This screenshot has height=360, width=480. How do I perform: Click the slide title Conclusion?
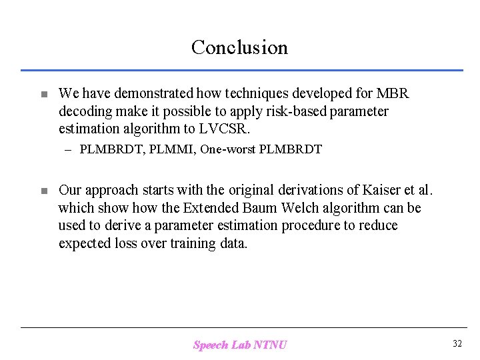[239, 47]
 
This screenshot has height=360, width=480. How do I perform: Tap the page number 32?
[457, 343]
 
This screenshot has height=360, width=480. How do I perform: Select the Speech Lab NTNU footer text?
[240, 345]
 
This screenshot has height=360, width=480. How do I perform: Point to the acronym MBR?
[393, 93]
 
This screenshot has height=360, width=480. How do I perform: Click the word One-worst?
[225, 149]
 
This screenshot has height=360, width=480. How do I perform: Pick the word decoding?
[85, 111]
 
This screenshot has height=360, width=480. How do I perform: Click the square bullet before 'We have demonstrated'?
[43, 95]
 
